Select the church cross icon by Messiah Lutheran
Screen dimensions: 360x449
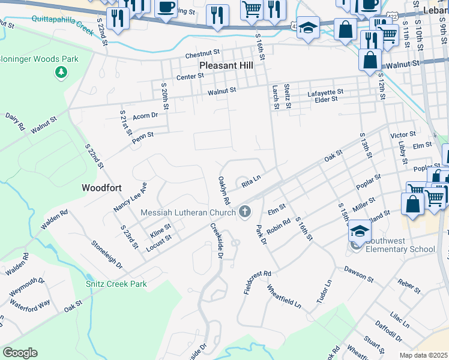244,211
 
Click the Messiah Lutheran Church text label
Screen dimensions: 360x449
188,212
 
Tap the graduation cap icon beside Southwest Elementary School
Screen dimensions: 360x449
358,231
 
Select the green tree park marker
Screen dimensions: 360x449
60,73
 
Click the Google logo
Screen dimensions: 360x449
20,353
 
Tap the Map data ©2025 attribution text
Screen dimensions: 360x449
423,355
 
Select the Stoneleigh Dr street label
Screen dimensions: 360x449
107,254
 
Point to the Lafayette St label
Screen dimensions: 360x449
325,92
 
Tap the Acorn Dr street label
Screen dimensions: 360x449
145,115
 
